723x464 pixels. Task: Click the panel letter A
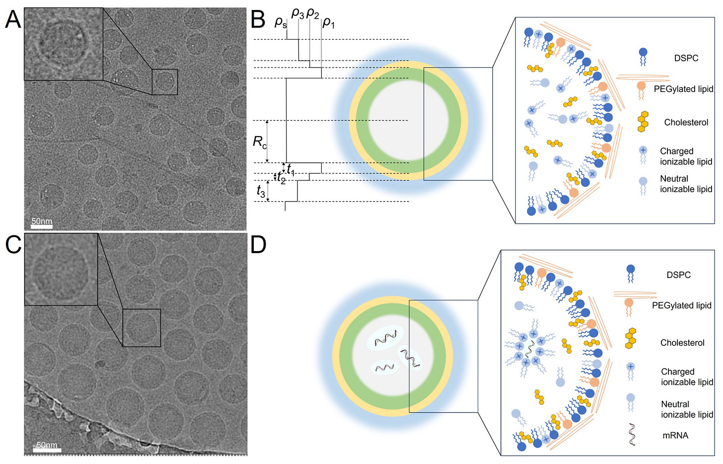13,20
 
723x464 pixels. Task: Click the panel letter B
258,20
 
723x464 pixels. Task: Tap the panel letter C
13,244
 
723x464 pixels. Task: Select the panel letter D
258,244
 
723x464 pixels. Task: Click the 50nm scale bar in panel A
42,226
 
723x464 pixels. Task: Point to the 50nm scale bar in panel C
47,450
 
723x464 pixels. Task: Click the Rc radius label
260,142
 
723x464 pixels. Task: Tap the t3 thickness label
261,191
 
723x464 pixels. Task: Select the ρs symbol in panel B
281,22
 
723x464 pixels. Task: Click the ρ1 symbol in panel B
328,22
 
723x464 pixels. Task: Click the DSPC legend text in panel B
686,58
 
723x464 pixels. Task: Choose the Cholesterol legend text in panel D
682,343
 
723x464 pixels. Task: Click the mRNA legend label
675,436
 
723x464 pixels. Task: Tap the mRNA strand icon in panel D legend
632,435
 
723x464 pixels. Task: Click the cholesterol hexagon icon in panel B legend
643,122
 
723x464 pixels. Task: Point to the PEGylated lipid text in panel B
683,89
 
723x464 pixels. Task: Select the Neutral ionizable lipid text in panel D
687,409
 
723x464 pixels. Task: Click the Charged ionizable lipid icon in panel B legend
643,155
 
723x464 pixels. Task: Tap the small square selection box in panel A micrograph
164,82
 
